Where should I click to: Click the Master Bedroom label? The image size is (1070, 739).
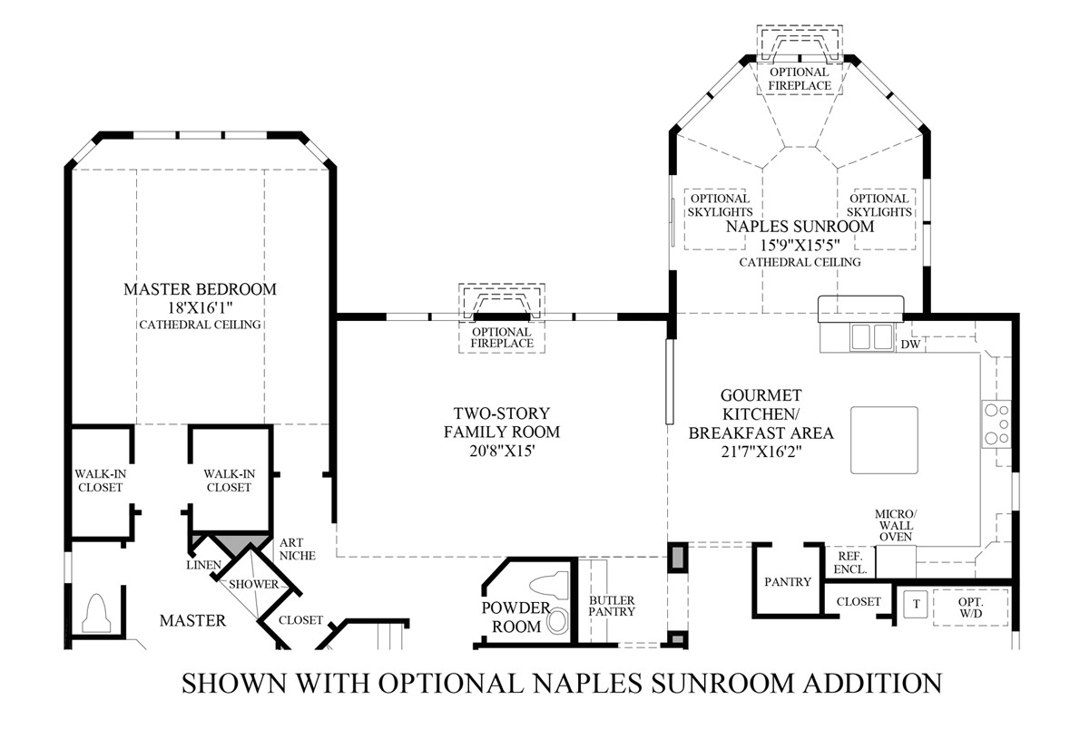(200, 289)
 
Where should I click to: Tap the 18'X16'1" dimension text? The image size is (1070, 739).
(200, 307)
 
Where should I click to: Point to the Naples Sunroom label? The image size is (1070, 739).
(799, 227)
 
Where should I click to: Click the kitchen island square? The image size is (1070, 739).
(883, 441)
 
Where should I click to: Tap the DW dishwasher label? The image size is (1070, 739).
(910, 345)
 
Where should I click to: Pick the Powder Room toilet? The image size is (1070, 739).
(552, 587)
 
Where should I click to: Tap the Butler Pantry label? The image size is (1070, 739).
(611, 606)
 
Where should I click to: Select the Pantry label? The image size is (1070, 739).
(787, 582)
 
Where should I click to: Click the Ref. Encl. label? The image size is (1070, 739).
(849, 563)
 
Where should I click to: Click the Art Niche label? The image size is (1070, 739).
(290, 549)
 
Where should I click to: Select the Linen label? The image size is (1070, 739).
(204, 566)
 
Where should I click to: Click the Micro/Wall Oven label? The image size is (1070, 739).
(895, 525)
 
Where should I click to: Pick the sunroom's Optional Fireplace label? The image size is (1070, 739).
(799, 79)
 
